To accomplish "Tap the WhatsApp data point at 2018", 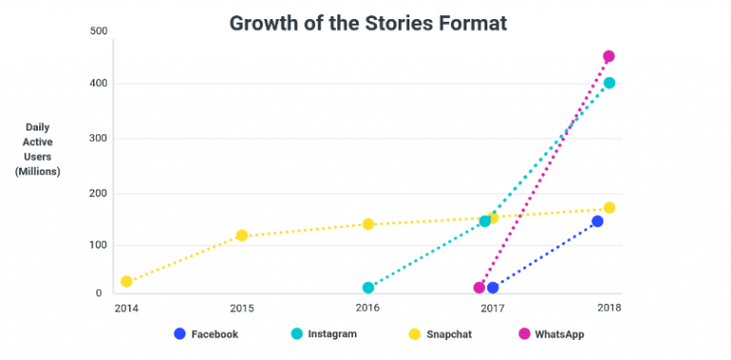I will coord(608,56).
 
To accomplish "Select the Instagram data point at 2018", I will coord(609,83).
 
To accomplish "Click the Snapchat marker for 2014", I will coord(127,282).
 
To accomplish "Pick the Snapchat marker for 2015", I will coord(242,235).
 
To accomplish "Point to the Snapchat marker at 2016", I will coord(367,224).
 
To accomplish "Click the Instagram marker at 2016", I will coord(367,288).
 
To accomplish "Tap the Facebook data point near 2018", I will coord(597,221).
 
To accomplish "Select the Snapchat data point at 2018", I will coord(609,208).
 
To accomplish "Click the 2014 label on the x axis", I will coord(125,309).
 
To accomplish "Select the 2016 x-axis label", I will coord(367,309).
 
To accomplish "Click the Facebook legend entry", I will coord(206,334).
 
